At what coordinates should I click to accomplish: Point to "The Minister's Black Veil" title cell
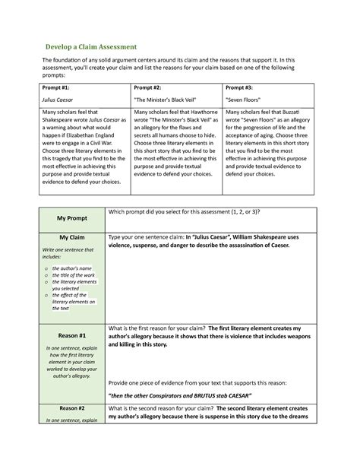[166, 100]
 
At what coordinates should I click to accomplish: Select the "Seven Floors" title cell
[245, 100]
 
